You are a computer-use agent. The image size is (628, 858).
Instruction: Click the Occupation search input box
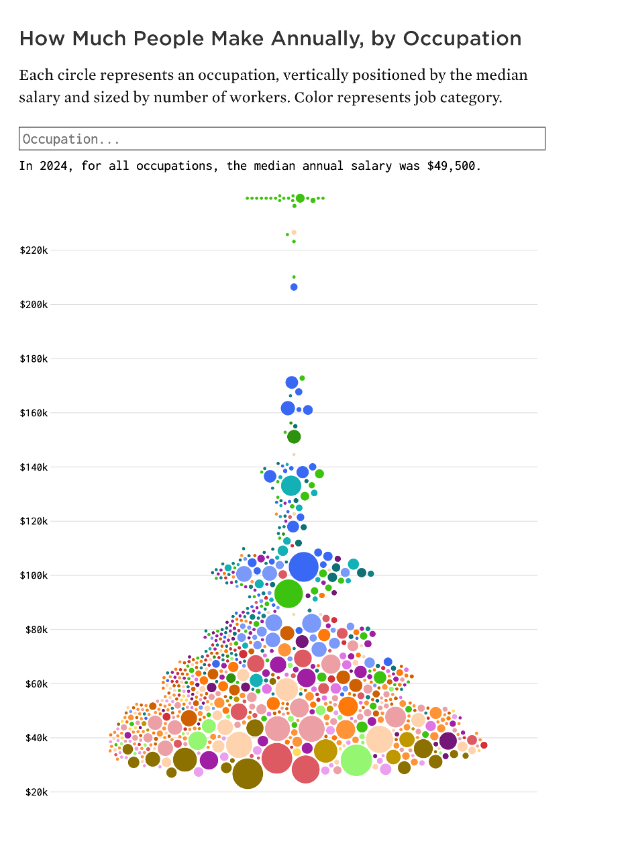[282, 139]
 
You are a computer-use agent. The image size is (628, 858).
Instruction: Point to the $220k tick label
[34, 250]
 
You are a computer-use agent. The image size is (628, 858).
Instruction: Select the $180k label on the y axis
[34, 359]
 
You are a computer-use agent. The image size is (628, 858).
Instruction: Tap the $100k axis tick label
[34, 575]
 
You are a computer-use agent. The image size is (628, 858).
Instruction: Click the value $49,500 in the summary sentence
[452, 166]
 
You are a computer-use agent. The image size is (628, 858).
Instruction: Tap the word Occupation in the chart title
[462, 39]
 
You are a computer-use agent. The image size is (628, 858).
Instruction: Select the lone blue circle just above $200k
[294, 287]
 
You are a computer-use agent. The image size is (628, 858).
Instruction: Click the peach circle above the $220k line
[294, 232]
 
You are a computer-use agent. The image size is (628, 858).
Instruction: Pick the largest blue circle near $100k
[303, 567]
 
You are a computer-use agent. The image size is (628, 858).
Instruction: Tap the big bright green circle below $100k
[289, 593]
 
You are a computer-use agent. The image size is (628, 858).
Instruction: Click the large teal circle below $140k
[291, 485]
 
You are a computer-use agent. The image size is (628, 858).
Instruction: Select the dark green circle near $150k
[294, 437]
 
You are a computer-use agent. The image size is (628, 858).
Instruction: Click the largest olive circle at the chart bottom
[248, 773]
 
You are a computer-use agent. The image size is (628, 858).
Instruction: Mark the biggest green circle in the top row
[300, 198]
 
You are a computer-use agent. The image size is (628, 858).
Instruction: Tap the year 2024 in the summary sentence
[54, 166]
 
